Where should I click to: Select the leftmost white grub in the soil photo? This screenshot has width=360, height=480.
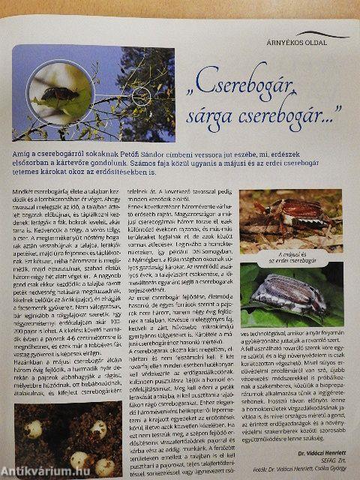[x=32, y=428]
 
